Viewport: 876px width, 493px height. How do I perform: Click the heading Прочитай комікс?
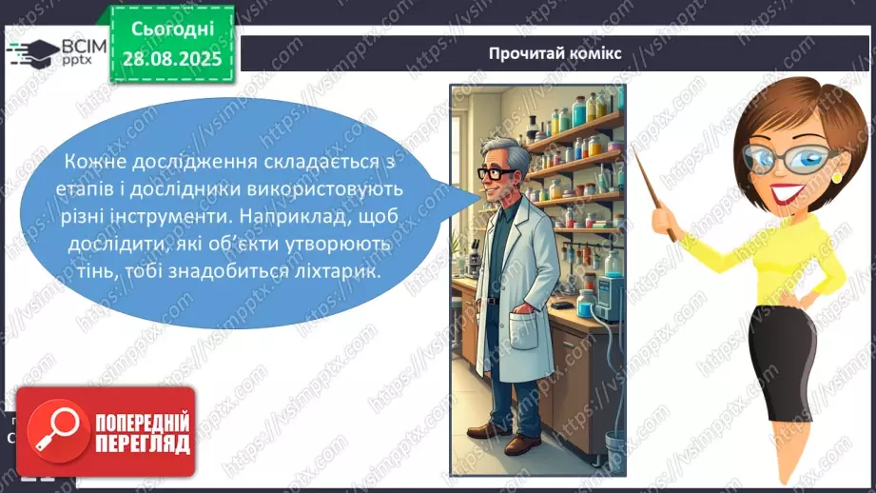[x=555, y=53]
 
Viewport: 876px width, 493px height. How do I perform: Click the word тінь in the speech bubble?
[x=91, y=270]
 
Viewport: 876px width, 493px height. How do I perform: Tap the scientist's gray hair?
[x=497, y=153]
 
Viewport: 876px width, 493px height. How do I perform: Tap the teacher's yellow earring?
[x=836, y=177]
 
